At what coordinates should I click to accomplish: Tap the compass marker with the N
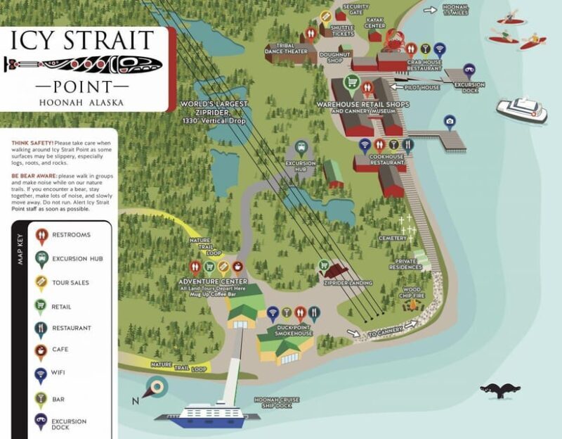156,388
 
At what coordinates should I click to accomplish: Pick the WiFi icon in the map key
41,375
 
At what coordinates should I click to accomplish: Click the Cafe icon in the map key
41,352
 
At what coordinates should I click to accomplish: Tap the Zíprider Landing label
348,283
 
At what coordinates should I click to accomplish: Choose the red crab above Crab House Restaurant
392,38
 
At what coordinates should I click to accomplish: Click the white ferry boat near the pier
521,110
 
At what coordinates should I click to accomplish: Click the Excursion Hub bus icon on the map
301,147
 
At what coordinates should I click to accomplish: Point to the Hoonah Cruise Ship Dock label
277,402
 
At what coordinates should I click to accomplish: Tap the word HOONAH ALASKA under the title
83,102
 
